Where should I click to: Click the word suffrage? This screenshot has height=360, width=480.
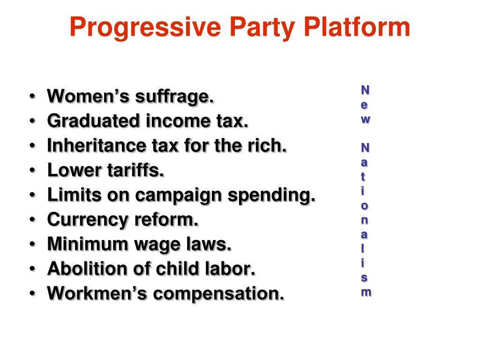point(175,97)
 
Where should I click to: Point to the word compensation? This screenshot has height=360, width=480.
point(219,294)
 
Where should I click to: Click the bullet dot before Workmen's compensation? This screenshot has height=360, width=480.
point(31,294)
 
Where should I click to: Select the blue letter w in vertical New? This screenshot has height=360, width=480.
point(365,119)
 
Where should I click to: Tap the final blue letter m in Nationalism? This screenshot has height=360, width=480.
point(366,292)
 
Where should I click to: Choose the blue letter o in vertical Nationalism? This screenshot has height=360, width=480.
point(365,206)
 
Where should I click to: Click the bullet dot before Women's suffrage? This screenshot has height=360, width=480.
point(31,97)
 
